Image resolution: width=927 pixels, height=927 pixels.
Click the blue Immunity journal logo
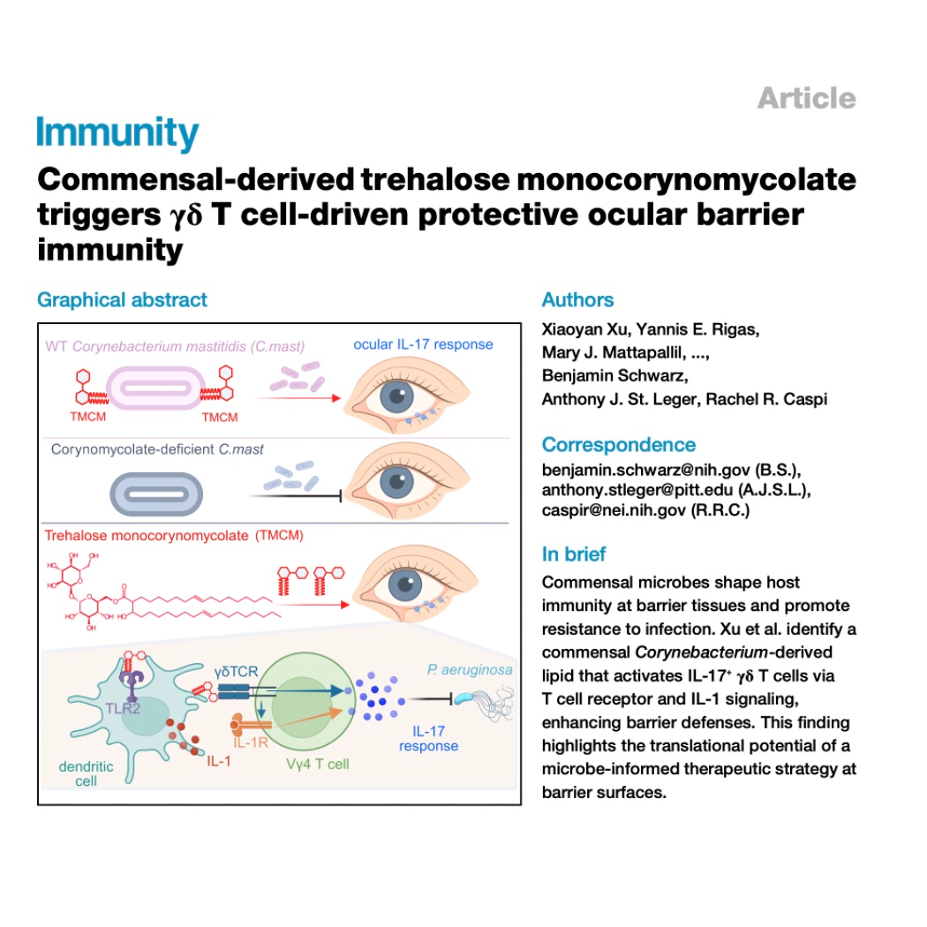point(117,132)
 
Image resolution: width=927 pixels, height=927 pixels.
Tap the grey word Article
point(806,98)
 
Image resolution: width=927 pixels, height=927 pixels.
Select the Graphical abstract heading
point(123,300)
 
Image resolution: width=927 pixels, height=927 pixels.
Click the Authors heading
point(577,300)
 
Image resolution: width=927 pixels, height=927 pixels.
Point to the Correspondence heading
point(618,445)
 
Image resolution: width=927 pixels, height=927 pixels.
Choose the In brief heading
point(574,554)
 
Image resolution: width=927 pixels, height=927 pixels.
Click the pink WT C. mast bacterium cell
point(156,388)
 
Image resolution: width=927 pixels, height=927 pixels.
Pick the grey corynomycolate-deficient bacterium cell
point(156,494)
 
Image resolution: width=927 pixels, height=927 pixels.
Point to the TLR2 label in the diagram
point(123,708)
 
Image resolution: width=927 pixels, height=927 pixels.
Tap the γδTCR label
point(236,672)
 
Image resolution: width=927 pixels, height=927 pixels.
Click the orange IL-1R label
point(251,742)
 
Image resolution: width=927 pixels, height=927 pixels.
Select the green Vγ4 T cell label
point(318,764)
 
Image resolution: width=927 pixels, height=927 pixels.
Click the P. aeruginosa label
point(470,670)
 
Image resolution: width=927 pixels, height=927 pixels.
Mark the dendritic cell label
point(86,773)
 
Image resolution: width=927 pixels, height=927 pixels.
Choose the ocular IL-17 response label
point(423,344)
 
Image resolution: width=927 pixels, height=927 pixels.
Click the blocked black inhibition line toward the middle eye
point(296,495)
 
